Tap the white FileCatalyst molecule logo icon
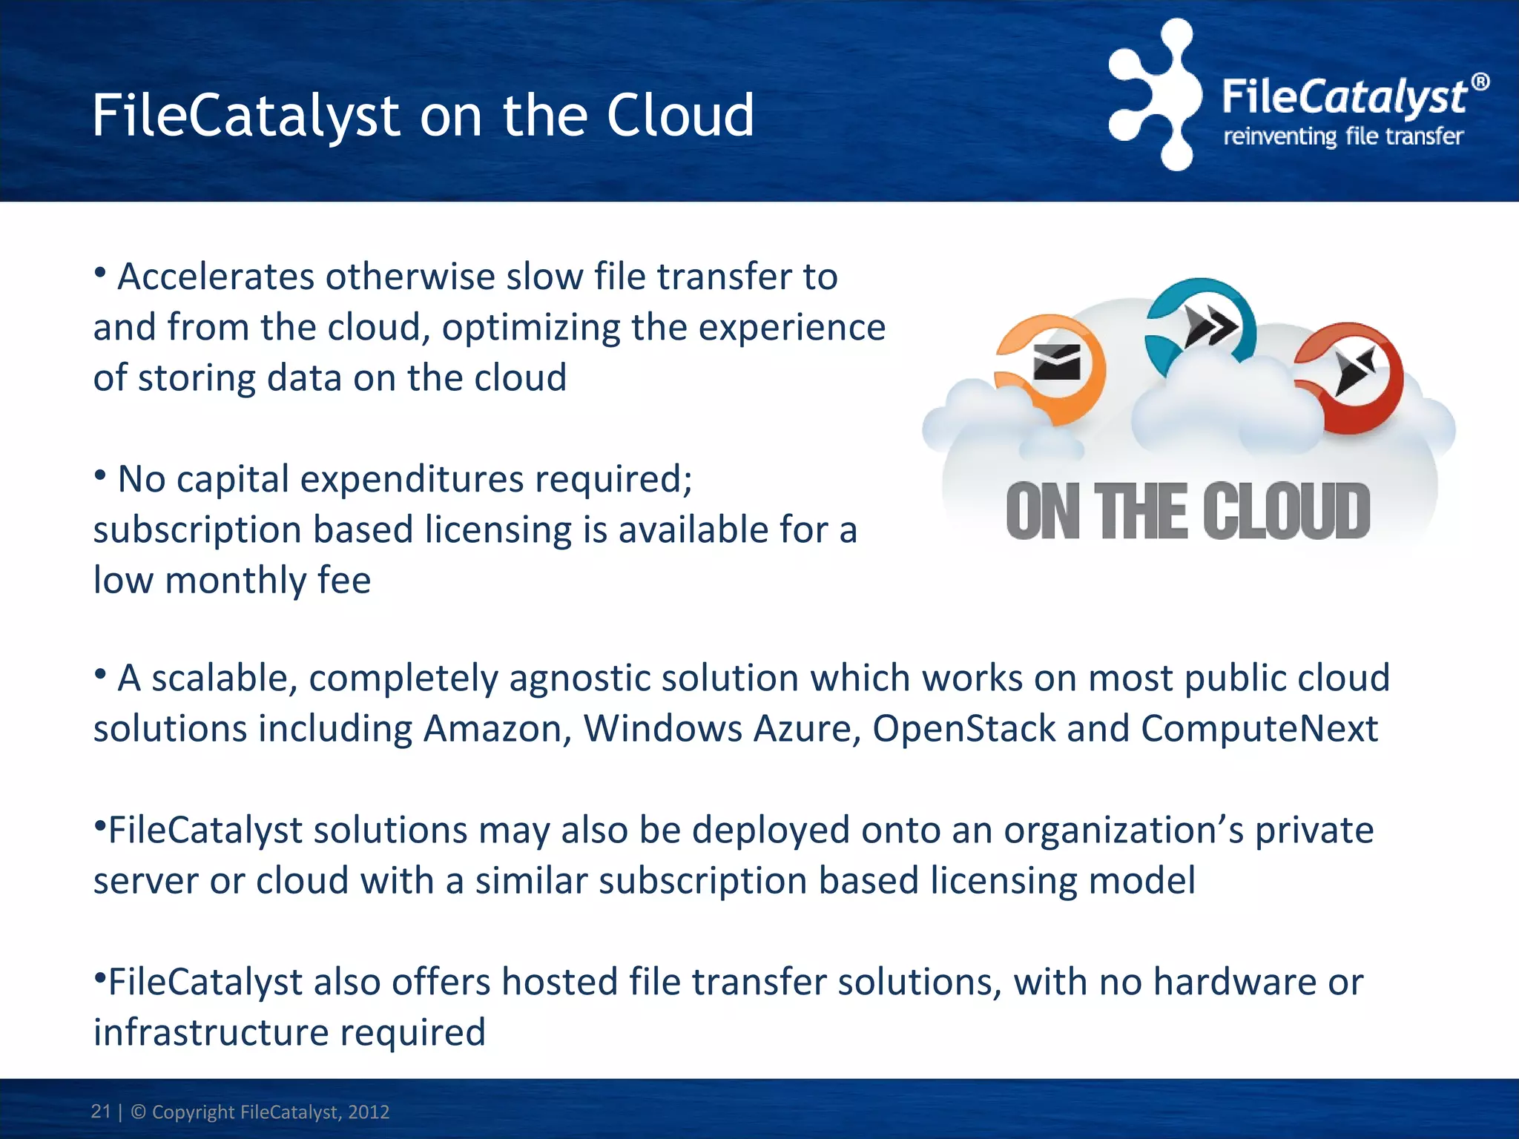tap(1156, 94)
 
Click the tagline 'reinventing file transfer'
tap(1342, 137)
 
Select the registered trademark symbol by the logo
tap(1480, 82)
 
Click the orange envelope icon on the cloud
tap(1056, 363)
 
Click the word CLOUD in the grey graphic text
tap(1286, 512)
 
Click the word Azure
tap(806, 729)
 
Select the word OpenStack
tap(963, 729)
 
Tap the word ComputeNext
tap(1259, 729)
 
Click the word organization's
tap(1123, 831)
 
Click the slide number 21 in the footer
tap(100, 1112)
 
